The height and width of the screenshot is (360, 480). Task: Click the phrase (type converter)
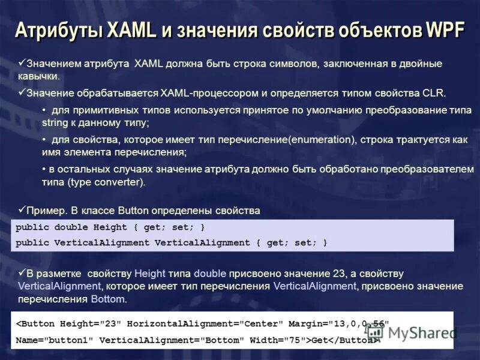click(107, 181)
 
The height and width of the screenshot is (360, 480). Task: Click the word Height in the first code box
click(110, 227)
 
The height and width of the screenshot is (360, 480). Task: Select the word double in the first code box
click(71, 227)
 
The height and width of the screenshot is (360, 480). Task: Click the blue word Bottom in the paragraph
click(109, 298)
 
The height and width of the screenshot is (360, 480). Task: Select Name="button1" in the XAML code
click(54, 340)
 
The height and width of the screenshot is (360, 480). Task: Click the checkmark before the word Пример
click(22, 209)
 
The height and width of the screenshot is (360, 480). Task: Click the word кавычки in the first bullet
click(38, 76)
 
